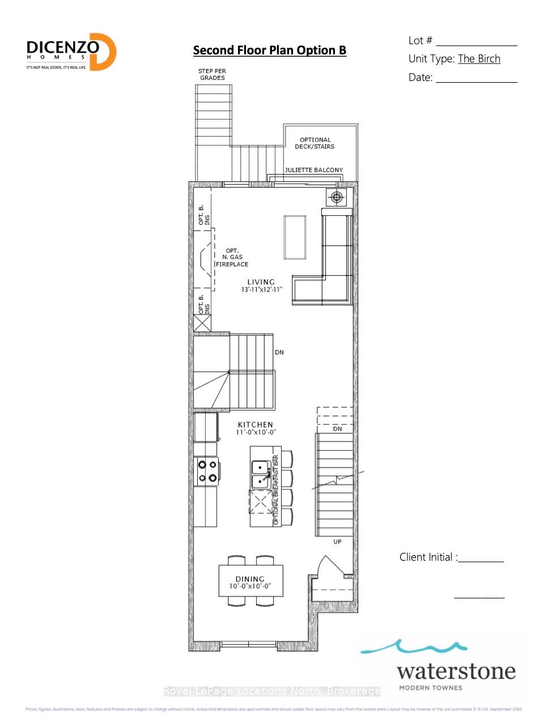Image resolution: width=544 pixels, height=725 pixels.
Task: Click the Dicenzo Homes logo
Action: pos(71,52)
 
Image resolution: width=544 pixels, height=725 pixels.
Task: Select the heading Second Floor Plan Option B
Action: pos(269,50)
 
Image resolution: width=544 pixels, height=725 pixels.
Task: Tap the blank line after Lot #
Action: pos(477,44)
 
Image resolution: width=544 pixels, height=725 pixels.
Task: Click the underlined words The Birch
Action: pos(479,59)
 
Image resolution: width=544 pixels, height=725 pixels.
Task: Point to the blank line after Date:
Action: pos(477,81)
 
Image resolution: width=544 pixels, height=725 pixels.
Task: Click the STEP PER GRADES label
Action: pos(212,74)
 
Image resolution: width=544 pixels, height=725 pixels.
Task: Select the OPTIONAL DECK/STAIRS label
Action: pos(314,143)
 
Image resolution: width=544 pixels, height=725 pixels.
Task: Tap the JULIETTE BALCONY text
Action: pos(313,170)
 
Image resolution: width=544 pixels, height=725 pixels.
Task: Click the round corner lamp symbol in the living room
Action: pos(337,197)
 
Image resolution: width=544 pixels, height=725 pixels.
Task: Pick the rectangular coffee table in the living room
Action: pos(295,237)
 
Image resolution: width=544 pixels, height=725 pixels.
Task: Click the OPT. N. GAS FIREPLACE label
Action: pos(232,258)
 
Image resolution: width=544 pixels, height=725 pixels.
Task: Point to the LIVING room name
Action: pos(261,282)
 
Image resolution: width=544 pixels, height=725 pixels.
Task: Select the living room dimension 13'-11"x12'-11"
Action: pos(261,289)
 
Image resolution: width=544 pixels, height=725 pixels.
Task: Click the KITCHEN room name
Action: pos(255,425)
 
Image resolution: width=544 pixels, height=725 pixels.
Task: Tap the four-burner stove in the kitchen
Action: pos(206,471)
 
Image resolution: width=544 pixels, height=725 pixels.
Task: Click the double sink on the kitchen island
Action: pos(260,475)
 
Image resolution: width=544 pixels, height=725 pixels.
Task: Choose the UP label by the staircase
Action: pos(337,542)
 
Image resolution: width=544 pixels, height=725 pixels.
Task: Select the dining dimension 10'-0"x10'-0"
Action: pos(250,586)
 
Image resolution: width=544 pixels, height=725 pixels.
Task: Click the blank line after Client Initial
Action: pos(481,561)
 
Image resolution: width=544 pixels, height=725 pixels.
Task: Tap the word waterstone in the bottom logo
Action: pos(456,672)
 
